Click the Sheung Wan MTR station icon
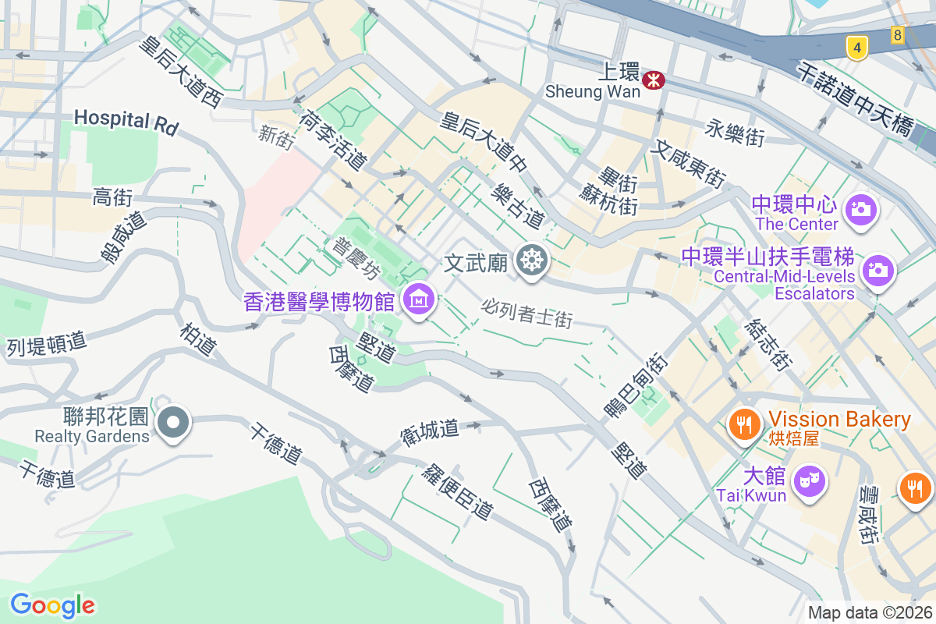[654, 79]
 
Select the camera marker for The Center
[862, 209]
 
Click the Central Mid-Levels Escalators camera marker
[877, 270]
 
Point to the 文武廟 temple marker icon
[533, 260]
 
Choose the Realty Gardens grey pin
[173, 423]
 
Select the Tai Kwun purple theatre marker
[810, 481]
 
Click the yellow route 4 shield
[856, 48]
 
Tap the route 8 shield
[898, 35]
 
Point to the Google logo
[52, 604]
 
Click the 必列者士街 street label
[527, 314]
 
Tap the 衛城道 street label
[430, 432]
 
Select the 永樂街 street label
[734, 133]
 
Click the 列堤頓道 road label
[46, 343]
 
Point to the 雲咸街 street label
[868, 516]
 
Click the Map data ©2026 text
[870, 612]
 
